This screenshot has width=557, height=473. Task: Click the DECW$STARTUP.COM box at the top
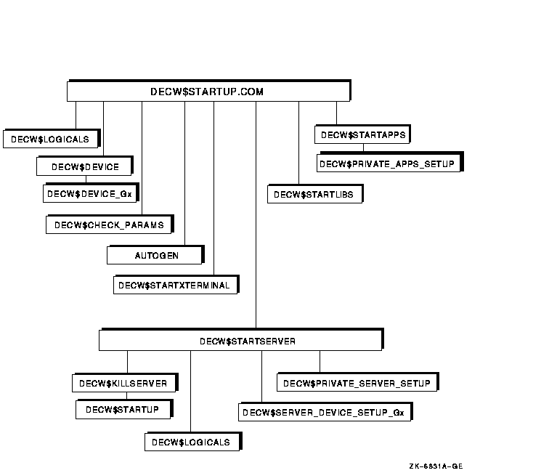click(x=209, y=91)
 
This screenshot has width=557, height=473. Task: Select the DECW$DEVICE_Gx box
click(x=91, y=193)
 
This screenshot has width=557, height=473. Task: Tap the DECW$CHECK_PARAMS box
click(x=110, y=225)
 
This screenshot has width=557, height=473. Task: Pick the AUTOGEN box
click(x=155, y=255)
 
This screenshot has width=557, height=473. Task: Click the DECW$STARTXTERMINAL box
click(x=176, y=285)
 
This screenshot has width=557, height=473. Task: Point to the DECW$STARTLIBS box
click(x=315, y=194)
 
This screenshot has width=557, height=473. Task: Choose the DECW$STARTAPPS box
click(x=362, y=134)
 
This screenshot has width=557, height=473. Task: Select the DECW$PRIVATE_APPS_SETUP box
click(x=390, y=163)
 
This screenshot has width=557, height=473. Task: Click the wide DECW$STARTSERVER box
click(x=241, y=340)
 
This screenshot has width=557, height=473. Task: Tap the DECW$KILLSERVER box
click(x=125, y=383)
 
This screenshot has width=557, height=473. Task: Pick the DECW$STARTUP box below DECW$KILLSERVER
click(x=124, y=409)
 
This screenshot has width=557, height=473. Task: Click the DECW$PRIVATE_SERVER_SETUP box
click(x=358, y=382)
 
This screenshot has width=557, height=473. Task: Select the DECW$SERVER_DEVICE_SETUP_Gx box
click(x=325, y=412)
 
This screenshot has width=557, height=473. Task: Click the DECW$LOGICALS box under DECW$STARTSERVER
click(x=193, y=441)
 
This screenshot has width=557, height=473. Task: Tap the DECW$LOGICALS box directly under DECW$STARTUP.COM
click(x=52, y=139)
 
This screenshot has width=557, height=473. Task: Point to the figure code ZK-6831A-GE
click(x=436, y=466)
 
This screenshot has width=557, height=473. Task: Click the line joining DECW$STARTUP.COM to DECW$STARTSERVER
click(x=256, y=215)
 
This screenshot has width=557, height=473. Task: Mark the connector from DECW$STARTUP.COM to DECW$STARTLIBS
click(x=298, y=143)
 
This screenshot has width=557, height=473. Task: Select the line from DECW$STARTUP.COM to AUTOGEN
click(x=184, y=174)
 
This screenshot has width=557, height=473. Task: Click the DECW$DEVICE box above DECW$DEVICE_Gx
click(x=84, y=166)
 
